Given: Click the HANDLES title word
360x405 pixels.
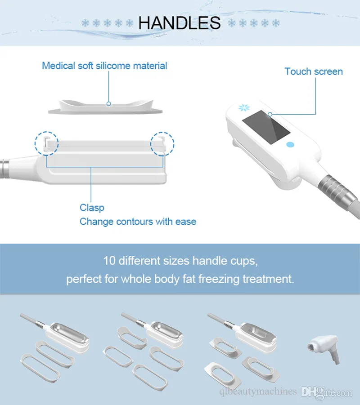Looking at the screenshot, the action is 180,23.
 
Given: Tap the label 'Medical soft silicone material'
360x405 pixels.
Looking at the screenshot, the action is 104,66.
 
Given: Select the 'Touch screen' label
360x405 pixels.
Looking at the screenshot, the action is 314,71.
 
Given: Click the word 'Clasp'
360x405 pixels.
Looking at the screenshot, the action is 92,208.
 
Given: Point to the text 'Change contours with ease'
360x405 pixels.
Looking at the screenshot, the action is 138,222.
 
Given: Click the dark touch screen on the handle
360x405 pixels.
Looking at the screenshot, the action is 266,127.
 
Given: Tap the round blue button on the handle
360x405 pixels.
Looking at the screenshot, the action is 290,145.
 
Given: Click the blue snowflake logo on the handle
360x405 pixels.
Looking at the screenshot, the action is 244,107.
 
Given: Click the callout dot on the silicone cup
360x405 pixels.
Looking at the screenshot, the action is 108,103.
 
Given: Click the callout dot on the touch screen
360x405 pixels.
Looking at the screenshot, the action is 270,114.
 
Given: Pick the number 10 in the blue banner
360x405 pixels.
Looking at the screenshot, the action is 109,261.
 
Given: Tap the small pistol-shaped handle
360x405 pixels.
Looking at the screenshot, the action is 324,349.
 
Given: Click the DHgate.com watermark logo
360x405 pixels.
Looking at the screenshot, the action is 326,392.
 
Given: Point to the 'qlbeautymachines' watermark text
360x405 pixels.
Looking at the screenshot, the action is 258,392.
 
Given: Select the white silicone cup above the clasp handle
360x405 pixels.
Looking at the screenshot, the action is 105,107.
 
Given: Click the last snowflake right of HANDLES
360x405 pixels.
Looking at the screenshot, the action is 276,23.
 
